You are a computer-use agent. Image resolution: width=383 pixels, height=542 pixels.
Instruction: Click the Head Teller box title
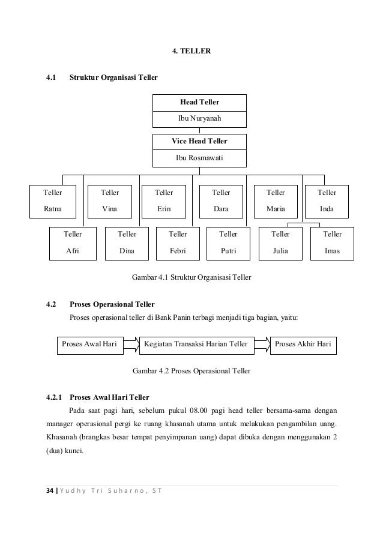click(x=199, y=103)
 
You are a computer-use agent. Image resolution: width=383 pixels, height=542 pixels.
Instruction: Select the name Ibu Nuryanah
click(x=199, y=119)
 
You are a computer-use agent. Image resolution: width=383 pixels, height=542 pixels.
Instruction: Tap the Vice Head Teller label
click(x=199, y=142)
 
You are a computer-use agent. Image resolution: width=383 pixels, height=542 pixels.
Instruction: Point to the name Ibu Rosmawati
click(x=199, y=158)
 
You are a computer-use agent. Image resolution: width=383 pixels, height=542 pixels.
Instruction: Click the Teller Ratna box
click(x=54, y=202)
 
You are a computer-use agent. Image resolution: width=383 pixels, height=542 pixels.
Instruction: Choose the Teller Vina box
click(x=110, y=202)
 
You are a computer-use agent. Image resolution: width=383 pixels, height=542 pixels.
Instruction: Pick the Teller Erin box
click(x=163, y=202)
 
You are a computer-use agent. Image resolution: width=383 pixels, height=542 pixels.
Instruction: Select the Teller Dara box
click(x=221, y=202)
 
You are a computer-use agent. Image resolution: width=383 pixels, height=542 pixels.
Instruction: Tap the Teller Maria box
click(x=276, y=202)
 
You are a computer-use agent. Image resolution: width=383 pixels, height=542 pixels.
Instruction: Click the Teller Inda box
click(x=327, y=202)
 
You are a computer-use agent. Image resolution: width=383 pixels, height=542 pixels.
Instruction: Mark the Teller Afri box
click(x=73, y=242)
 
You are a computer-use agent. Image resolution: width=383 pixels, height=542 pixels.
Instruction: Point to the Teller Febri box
click(x=178, y=242)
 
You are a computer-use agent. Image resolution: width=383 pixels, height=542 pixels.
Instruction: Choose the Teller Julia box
click(x=280, y=242)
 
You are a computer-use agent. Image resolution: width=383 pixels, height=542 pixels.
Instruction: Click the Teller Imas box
click(x=332, y=242)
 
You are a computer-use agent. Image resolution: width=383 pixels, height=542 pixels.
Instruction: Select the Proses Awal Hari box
click(x=89, y=344)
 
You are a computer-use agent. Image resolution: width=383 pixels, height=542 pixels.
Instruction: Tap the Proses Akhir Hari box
click(x=303, y=344)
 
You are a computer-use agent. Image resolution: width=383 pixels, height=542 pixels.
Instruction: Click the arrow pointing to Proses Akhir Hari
click(x=261, y=344)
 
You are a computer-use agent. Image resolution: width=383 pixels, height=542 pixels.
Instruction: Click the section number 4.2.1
click(x=55, y=397)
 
